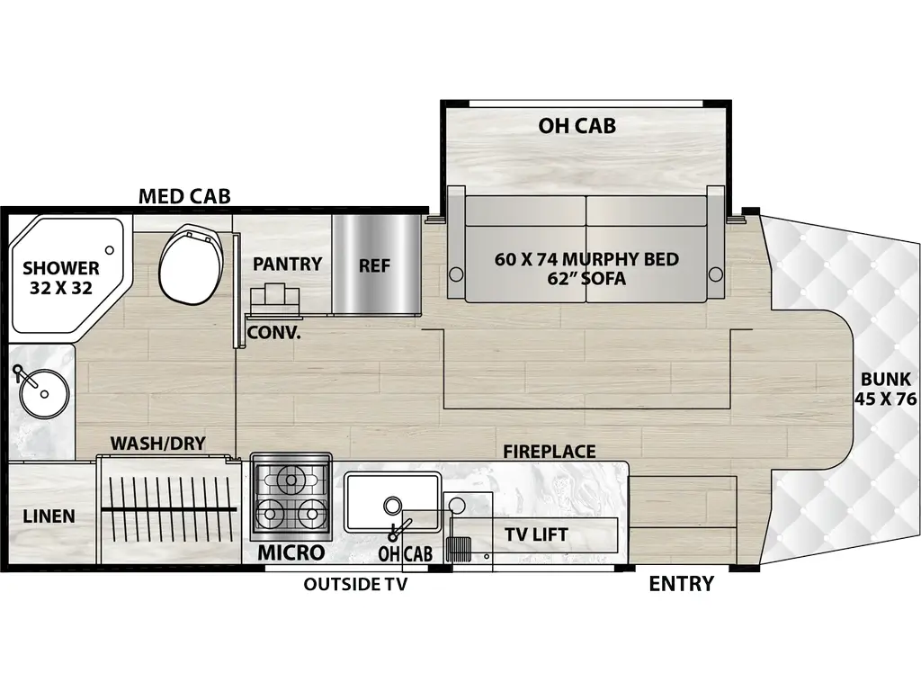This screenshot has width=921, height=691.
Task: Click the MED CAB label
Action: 184,195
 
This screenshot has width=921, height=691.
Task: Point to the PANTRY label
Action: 287,264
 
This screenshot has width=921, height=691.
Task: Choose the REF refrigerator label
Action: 374,265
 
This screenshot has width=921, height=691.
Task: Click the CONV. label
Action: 274,331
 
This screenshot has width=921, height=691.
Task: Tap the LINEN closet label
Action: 49,516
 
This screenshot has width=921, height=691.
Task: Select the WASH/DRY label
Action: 158,443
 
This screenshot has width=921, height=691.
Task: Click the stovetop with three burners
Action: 291,497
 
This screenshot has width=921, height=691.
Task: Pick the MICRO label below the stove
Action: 291,552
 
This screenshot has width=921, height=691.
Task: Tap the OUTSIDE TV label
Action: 355,585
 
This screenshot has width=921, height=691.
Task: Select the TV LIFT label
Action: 535,534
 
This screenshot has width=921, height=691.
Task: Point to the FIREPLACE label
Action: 549,451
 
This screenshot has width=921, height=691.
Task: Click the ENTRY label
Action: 681,584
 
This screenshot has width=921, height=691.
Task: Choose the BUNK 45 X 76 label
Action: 885,389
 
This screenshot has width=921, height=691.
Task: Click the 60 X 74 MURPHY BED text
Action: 586,259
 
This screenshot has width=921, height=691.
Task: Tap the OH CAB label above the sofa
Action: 577,125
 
